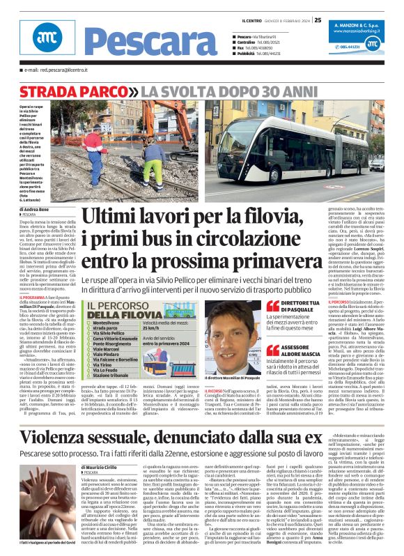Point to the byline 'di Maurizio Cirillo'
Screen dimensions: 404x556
click(x=105, y=447)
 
